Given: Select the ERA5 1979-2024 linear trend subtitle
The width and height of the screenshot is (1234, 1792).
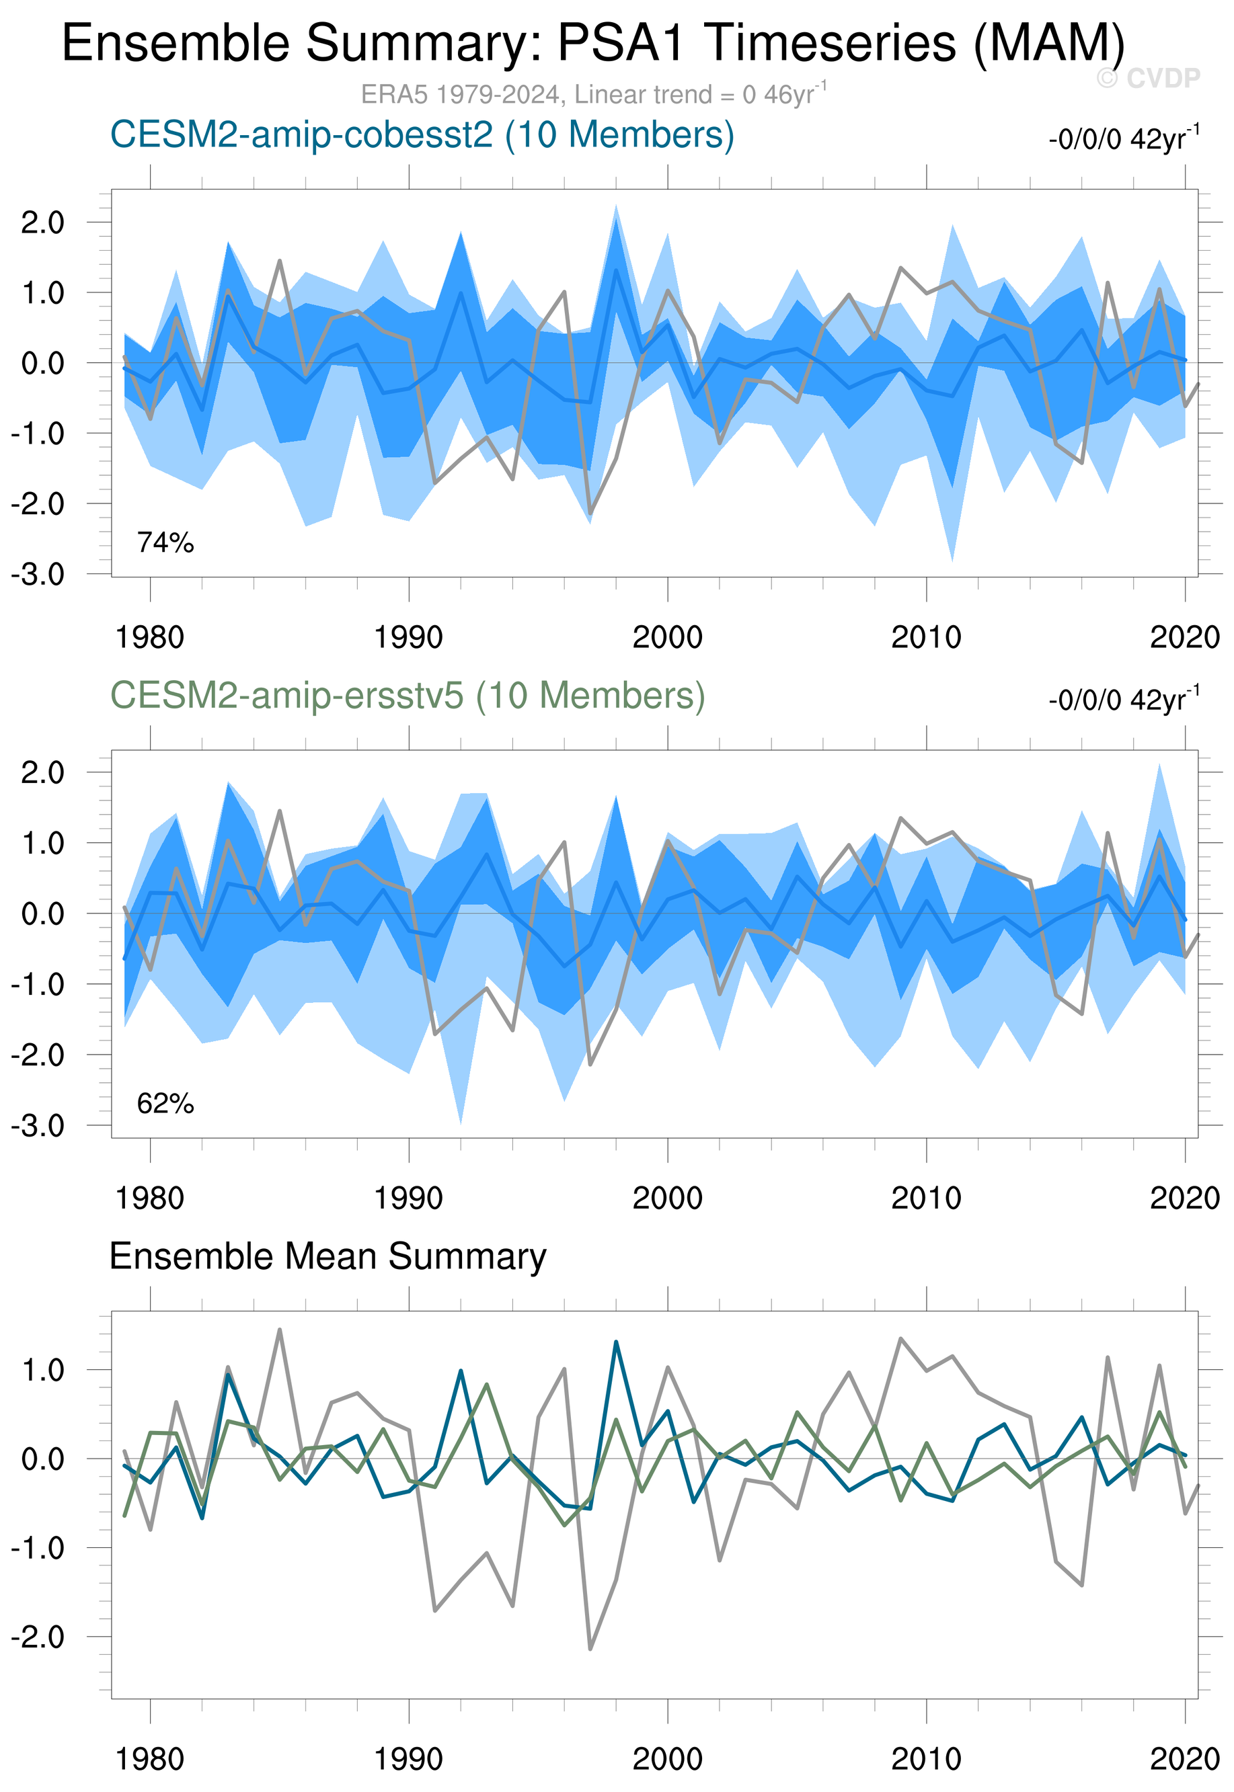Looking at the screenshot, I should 593,94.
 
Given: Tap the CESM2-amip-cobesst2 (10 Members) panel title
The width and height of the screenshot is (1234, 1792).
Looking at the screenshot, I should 422,135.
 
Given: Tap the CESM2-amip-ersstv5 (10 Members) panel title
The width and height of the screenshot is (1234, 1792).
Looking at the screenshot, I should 408,696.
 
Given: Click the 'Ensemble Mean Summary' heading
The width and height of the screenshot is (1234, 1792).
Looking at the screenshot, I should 327,1256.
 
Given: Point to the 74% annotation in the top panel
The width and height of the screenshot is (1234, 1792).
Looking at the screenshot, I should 165,543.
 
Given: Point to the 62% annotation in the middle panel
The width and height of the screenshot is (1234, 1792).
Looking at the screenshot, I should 165,1104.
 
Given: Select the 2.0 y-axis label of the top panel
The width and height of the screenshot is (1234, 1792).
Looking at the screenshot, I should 42,222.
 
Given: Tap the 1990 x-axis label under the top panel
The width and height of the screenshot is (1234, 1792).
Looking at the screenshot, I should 408,637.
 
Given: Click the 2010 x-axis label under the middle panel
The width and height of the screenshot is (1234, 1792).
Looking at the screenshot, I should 925,1198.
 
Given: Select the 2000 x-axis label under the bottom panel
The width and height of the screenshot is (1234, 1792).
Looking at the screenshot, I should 667,1760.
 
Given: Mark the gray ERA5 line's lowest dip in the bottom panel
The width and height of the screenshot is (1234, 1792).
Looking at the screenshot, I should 590,1648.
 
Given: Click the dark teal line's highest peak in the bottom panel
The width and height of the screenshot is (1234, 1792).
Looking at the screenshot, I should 616,1342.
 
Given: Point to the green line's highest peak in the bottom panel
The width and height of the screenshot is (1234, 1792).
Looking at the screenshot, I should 486,1384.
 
